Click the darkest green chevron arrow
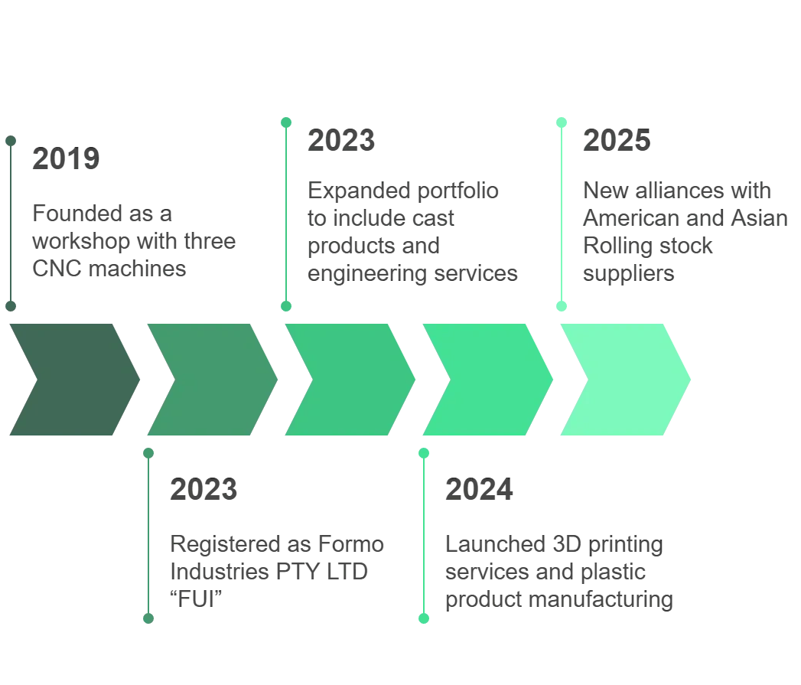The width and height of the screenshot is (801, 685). (73, 379)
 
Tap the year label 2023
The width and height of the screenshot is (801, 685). (341, 141)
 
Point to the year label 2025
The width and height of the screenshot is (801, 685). (617, 141)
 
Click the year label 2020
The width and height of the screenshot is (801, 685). (203, 490)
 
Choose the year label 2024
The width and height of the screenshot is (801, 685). (479, 490)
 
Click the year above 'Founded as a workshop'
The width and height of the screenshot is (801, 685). (66, 160)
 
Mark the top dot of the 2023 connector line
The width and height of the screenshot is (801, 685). (286, 122)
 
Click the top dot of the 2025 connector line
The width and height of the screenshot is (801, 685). (562, 122)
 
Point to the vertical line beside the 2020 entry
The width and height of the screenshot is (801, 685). (148, 536)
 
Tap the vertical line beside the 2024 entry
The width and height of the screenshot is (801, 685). (423, 536)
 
